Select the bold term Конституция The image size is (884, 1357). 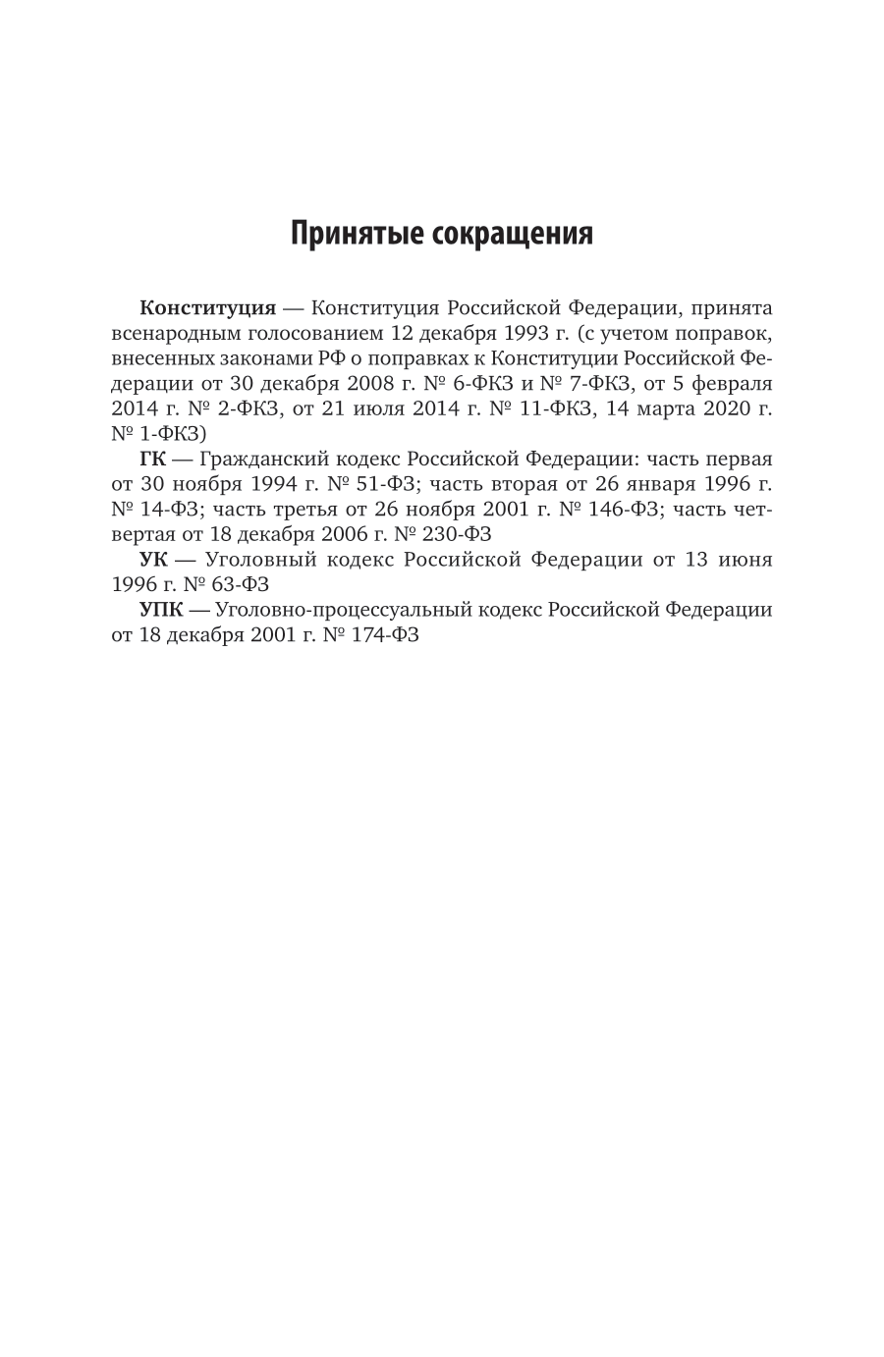coord(207,307)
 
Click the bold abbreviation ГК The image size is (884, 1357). coord(153,459)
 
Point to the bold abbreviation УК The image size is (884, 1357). coord(154,560)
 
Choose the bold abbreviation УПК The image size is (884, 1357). coord(161,610)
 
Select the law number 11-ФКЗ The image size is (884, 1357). coord(560,408)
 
